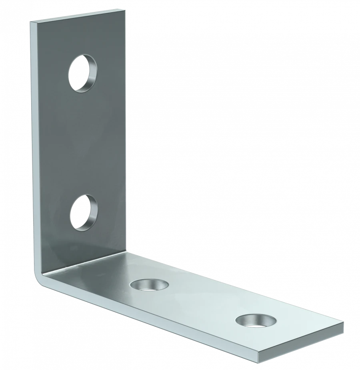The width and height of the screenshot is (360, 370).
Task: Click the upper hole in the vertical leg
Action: click(82, 73)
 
